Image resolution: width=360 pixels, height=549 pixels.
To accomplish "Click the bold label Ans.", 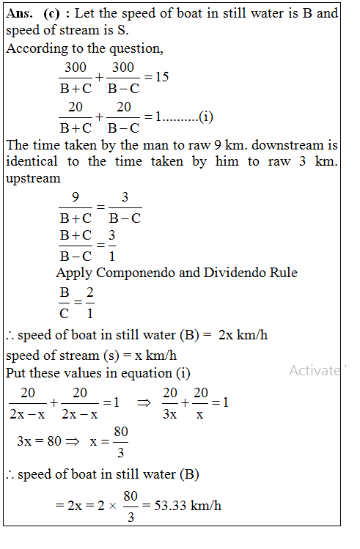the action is click(21, 14).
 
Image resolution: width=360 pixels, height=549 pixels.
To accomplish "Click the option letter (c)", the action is click(54, 14).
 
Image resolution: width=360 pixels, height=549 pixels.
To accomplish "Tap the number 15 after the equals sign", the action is click(162, 76).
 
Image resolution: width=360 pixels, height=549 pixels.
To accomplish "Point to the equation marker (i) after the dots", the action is click(205, 116).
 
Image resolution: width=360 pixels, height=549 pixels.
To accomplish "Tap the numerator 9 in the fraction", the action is click(75, 198).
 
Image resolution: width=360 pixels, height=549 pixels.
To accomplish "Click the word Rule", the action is click(282, 273).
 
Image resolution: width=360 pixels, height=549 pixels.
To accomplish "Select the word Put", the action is click(15, 373).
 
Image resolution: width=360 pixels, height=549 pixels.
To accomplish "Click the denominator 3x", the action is click(169, 414).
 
